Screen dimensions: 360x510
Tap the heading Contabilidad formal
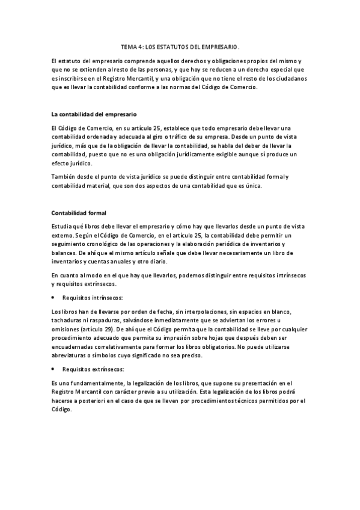point(79,212)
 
